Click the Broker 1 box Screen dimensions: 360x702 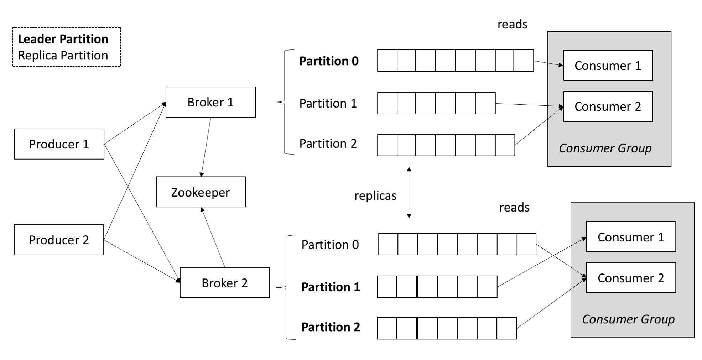[210, 102]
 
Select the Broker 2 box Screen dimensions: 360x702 [225, 283]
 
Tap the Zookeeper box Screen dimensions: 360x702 [201, 192]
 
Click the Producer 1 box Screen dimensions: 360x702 [59, 144]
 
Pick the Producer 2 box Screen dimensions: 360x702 [59, 240]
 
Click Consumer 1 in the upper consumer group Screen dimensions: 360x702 [608, 66]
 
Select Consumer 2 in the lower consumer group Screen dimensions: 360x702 [631, 278]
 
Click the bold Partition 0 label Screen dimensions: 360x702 [329, 61]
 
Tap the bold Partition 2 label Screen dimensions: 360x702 [331, 327]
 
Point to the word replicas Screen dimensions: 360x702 [375, 196]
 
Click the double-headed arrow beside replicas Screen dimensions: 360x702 [409, 192]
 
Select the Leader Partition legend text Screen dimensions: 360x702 [63, 39]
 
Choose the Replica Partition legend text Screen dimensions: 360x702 [63, 56]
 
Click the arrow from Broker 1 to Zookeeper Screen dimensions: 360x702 [206, 147]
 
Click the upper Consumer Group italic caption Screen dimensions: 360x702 [605, 148]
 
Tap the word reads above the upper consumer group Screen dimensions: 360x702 [512, 24]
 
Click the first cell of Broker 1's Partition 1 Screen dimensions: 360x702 [387, 103]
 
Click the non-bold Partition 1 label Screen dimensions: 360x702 [328, 103]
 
